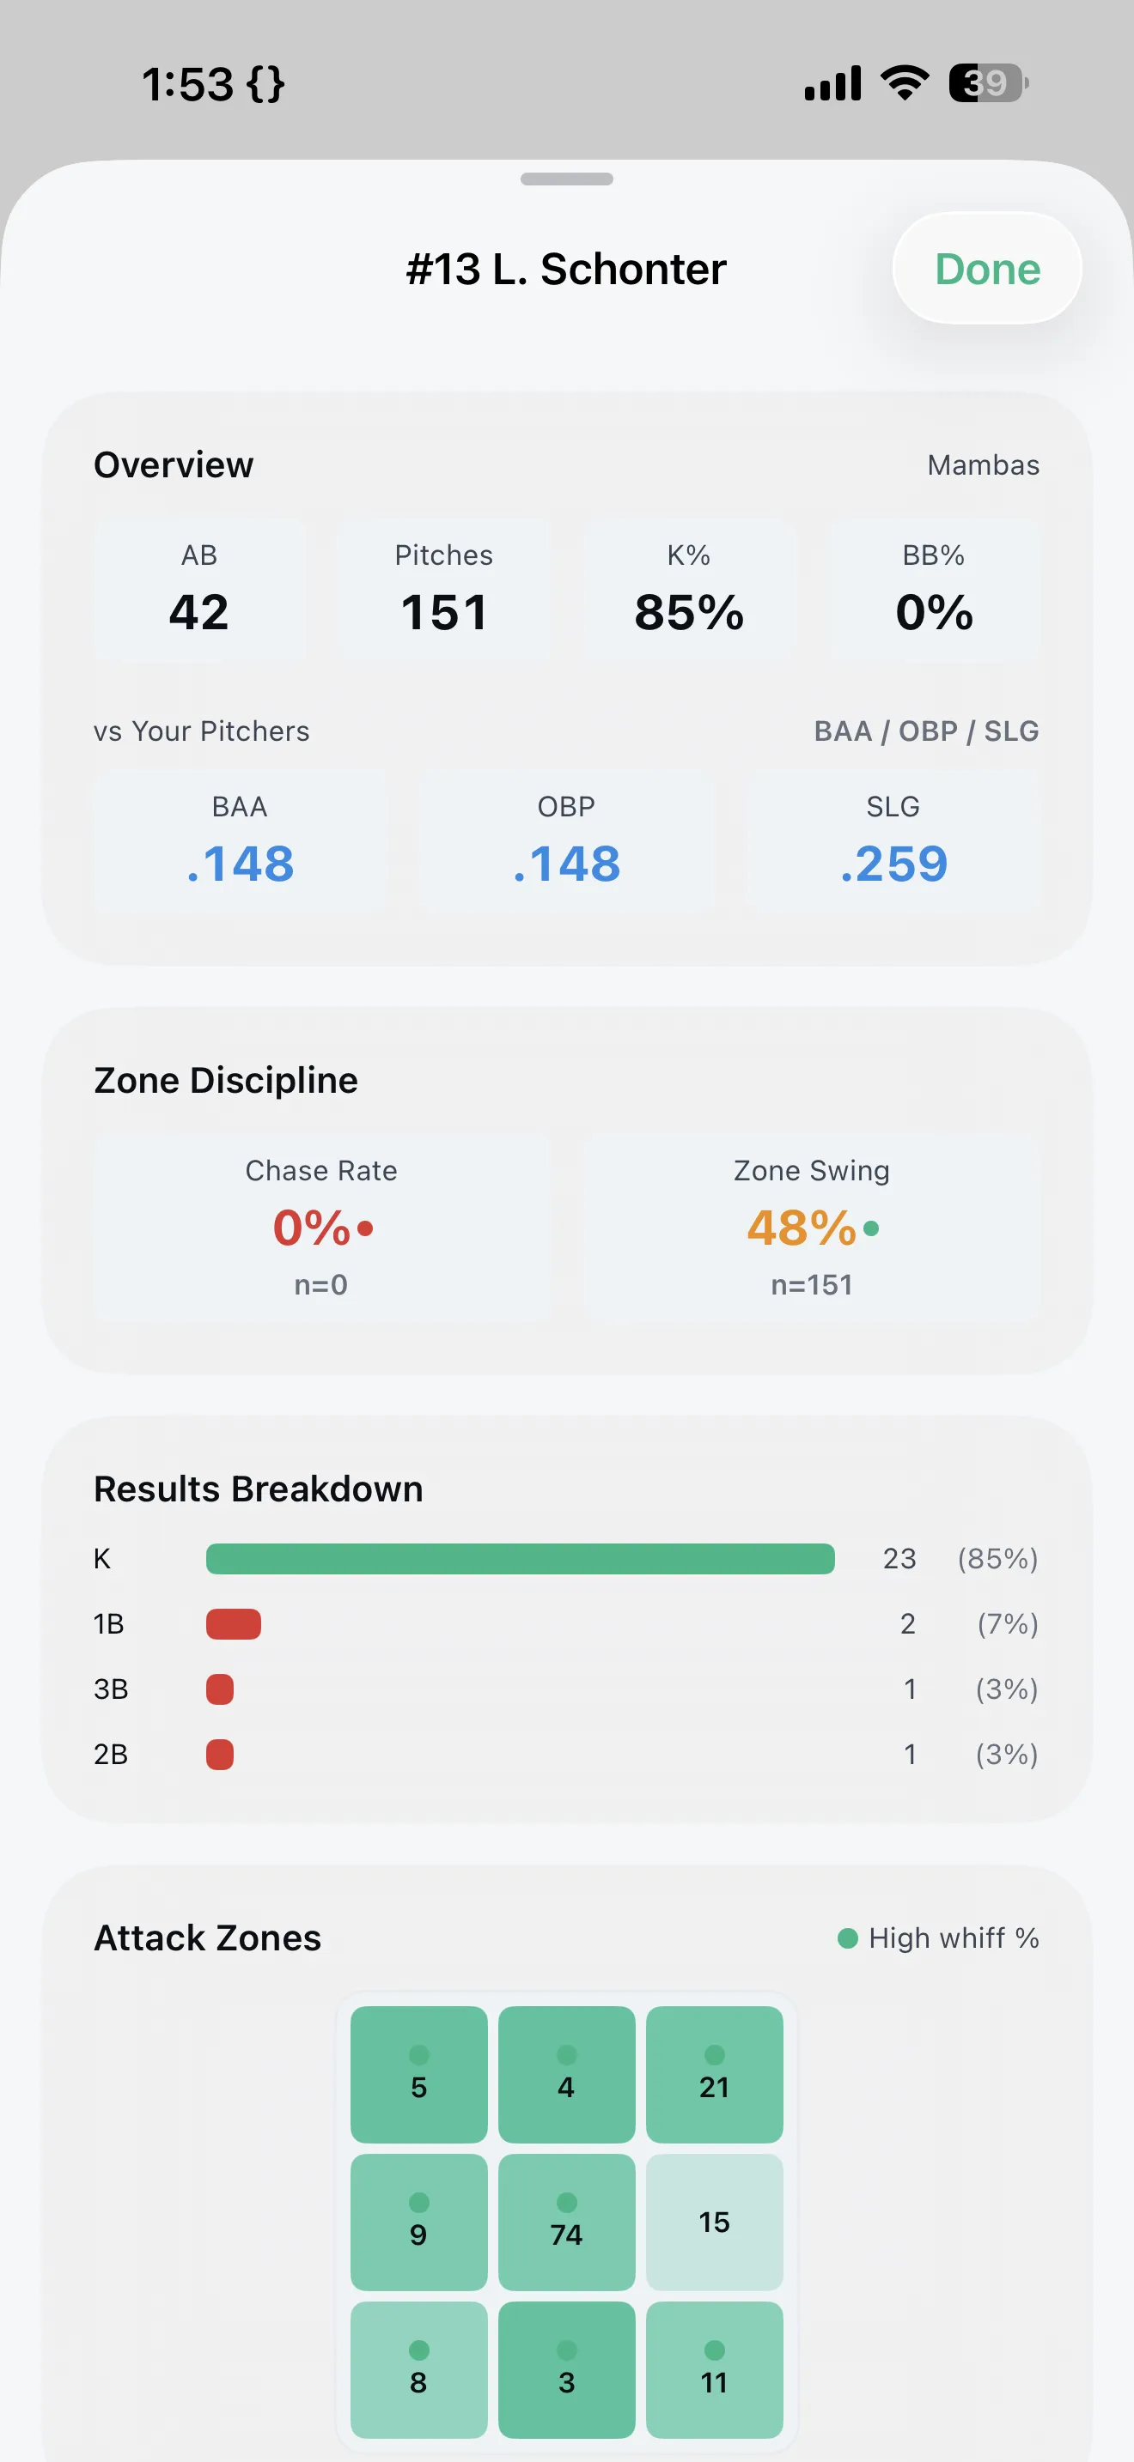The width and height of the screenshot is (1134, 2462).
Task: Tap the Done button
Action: click(987, 269)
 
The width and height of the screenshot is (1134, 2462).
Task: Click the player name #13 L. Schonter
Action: click(566, 270)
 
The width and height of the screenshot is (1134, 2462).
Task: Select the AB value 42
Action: click(199, 612)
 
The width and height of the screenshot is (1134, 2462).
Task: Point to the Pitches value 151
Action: click(443, 612)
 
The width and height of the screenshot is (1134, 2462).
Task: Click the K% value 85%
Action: click(688, 612)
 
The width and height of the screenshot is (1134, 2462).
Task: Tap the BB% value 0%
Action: click(934, 612)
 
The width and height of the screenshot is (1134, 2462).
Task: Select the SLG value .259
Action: click(893, 864)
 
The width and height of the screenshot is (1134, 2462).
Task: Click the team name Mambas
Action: click(983, 464)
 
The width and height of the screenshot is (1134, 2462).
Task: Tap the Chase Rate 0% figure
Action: click(313, 1228)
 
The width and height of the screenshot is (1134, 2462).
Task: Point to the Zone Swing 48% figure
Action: click(802, 1228)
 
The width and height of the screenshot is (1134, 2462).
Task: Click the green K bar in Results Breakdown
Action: click(520, 1559)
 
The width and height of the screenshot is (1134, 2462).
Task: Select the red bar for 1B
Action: click(234, 1624)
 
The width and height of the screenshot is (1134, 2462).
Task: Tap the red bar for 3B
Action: click(220, 1689)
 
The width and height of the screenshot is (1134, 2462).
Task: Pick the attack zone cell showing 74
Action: click(566, 2222)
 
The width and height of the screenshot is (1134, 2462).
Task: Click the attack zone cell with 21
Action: click(714, 2074)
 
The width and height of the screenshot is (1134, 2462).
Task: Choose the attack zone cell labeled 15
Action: click(714, 2222)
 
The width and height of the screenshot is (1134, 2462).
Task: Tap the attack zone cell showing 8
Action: click(418, 2369)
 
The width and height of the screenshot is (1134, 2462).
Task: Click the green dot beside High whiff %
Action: click(847, 1937)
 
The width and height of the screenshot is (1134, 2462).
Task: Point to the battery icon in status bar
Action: click(988, 83)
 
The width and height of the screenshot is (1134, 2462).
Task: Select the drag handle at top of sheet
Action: click(566, 179)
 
